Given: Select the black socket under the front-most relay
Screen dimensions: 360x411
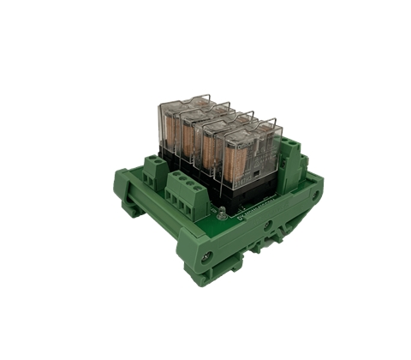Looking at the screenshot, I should click(257, 183).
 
